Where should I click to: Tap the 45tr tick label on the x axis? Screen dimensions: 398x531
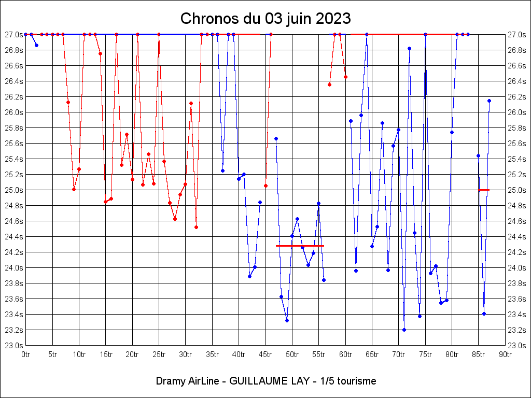point(265,354)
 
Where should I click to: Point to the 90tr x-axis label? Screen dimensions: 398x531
point(505,354)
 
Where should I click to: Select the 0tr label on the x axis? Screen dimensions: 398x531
point(26,354)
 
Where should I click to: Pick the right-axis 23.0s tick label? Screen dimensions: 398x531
point(516,346)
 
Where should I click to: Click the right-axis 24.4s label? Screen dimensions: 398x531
point(516,237)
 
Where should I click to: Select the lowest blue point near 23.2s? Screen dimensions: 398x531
point(404,330)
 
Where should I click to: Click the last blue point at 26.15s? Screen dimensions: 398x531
point(489,101)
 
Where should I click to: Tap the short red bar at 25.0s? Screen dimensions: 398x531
point(484,190)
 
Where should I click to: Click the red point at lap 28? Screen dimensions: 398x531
point(175,219)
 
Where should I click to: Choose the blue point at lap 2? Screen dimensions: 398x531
point(36,45)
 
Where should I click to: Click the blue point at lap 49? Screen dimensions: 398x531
point(287,320)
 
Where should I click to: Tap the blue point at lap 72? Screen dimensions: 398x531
point(409,48)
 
